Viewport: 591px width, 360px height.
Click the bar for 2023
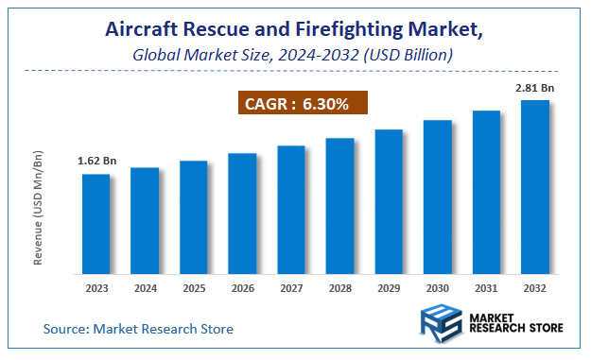pos(96,225)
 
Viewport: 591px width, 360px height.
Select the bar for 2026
pos(242,214)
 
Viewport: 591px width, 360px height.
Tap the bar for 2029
pos(389,202)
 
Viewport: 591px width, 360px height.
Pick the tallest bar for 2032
pos(535,187)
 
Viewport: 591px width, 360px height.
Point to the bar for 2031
pos(486,193)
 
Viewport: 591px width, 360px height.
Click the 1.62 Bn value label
pos(95,162)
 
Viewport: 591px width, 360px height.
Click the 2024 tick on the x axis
pos(145,288)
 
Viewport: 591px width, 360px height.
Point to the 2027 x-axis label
pos(290,288)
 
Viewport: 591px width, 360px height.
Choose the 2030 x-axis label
pos(437,288)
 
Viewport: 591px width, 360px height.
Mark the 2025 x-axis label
pos(193,288)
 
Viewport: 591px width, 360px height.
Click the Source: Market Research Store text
pos(138,329)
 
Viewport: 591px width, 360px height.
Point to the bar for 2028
pos(339,207)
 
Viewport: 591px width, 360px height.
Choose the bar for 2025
pos(193,218)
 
